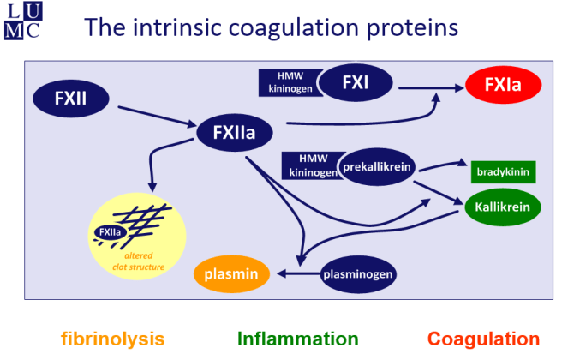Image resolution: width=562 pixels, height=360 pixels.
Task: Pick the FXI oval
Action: click(x=355, y=83)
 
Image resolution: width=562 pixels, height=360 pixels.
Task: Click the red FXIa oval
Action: click(x=505, y=84)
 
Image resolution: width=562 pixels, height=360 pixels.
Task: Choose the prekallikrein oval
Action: click(x=377, y=166)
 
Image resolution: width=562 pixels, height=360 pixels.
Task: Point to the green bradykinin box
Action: click(x=504, y=172)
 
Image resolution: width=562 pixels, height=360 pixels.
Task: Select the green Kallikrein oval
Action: click(x=503, y=207)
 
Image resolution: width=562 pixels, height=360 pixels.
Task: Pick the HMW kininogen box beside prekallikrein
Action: click(x=309, y=166)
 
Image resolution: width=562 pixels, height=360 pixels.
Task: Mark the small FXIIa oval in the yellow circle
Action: click(x=110, y=231)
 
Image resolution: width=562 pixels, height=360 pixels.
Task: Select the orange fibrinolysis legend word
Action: click(x=112, y=339)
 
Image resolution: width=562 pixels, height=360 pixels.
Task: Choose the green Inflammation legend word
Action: click(x=297, y=339)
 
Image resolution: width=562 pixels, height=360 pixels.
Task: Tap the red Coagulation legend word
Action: click(x=483, y=339)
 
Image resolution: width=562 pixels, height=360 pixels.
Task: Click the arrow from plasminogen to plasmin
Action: click(x=296, y=274)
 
